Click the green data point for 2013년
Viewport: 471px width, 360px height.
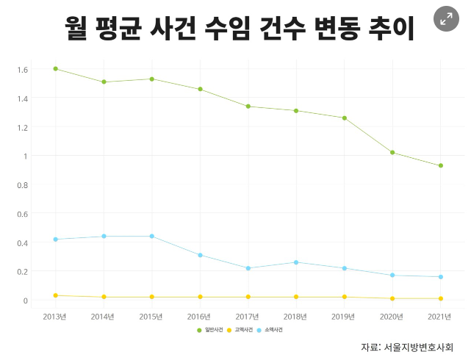(x=56, y=69)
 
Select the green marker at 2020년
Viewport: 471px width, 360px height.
(x=392, y=153)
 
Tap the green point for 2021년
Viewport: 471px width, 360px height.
(x=441, y=166)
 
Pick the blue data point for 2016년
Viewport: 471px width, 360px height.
(x=200, y=255)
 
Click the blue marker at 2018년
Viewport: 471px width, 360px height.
(x=296, y=262)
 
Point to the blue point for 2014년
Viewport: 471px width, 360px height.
(x=104, y=237)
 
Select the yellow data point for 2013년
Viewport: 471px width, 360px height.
(x=56, y=295)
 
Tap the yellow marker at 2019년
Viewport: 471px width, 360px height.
(x=345, y=297)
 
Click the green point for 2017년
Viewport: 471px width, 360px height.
(x=248, y=107)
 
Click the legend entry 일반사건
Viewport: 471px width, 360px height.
(x=209, y=331)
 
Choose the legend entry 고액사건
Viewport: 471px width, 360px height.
(x=239, y=331)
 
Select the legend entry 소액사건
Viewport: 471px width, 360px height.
(x=269, y=331)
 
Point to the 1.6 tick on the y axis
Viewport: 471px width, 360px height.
(x=22, y=70)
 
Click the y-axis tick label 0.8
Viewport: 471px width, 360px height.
(x=22, y=185)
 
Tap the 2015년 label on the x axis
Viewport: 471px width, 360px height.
(x=151, y=317)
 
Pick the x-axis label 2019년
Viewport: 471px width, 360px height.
(x=344, y=317)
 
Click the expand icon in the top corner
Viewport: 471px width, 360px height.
(x=446, y=20)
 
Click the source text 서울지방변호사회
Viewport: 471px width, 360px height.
(x=418, y=347)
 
